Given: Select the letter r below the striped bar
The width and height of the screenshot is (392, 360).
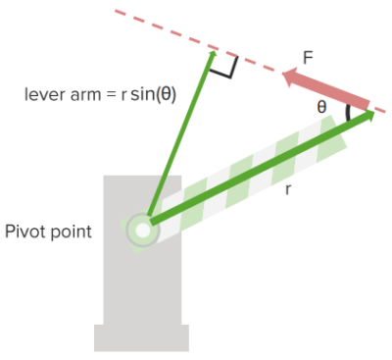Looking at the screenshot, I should (287, 188).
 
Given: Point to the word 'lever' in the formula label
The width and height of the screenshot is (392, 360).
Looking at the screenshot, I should (44, 95).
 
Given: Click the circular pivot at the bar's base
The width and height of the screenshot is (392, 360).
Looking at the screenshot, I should (143, 231).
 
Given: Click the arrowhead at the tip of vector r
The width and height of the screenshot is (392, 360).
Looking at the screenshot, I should (368, 117).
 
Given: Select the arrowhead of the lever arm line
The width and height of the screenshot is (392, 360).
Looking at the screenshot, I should (210, 58).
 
